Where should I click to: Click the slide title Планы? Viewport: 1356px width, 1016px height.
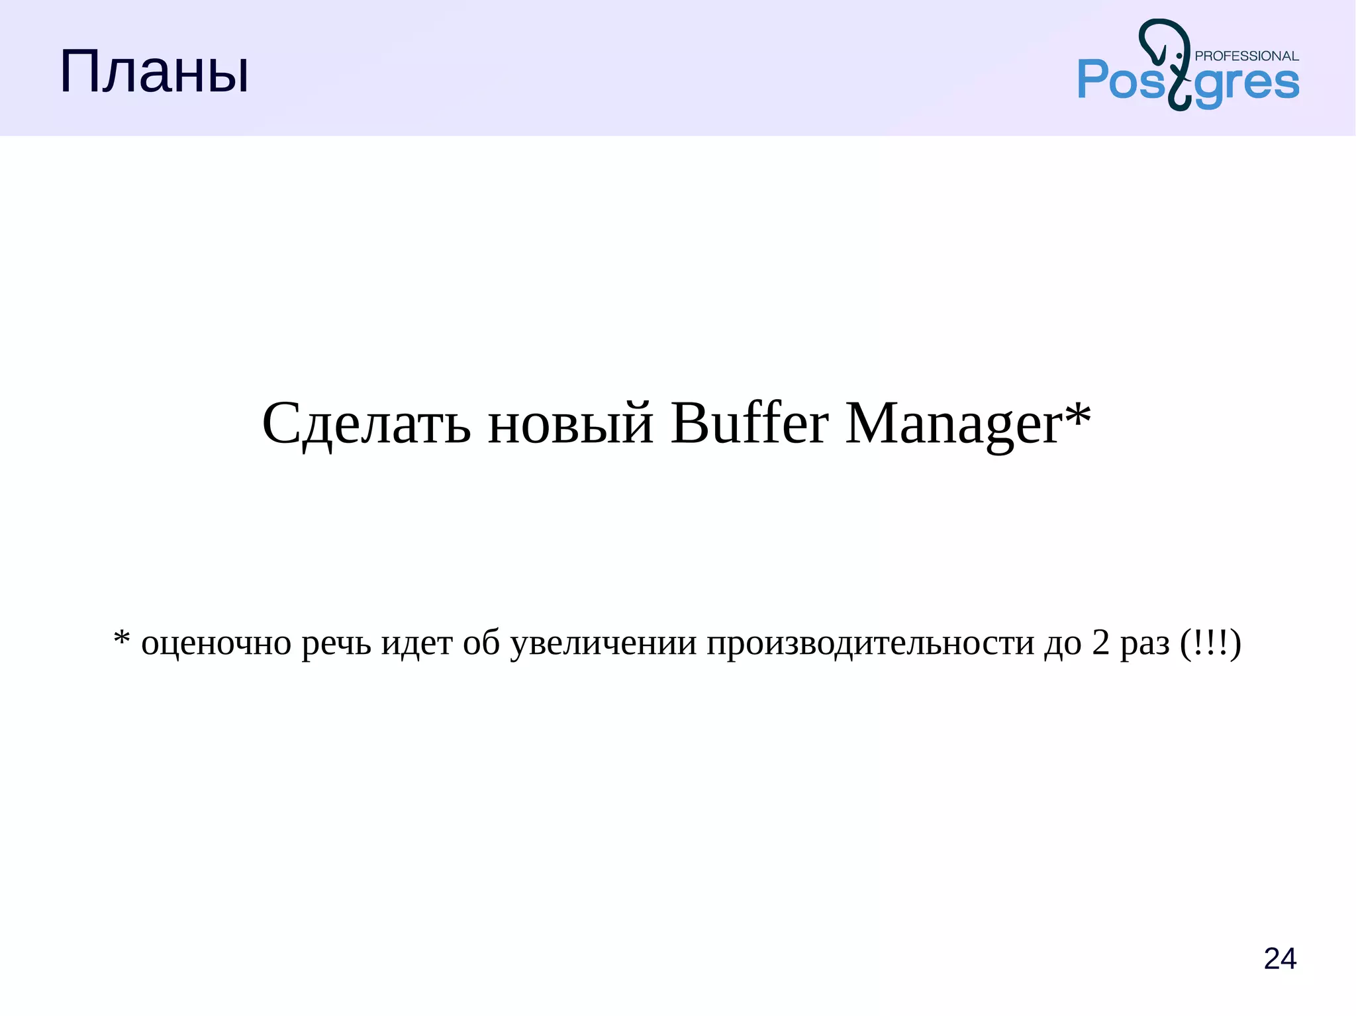tap(154, 73)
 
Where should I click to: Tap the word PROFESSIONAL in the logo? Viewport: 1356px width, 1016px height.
tap(1246, 56)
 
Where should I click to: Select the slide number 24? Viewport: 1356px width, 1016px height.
tap(1279, 958)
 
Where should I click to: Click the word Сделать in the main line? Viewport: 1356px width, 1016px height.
tap(366, 424)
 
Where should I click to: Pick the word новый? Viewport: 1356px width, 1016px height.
tap(571, 424)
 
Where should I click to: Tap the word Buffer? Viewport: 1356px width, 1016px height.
tap(749, 424)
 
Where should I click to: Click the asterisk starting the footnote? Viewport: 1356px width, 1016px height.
tap(121, 639)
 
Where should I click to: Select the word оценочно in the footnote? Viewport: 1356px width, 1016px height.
tap(216, 644)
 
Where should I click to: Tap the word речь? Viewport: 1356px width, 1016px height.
tap(336, 644)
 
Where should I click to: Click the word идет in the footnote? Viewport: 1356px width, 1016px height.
tap(416, 644)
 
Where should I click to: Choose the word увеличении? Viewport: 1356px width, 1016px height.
tap(603, 644)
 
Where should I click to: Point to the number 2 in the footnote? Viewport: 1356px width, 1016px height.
tap(1100, 643)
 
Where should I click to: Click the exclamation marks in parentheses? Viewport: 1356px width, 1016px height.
tap(1210, 643)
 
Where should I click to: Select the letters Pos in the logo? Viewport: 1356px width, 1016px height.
tap(1121, 80)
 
